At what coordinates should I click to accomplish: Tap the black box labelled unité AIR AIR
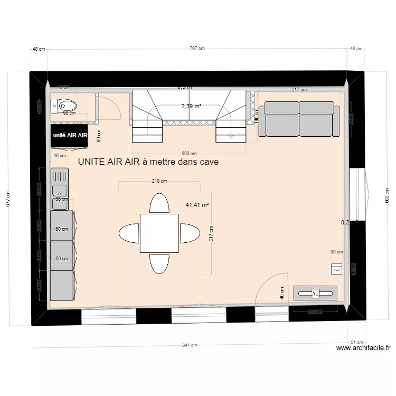tap(69, 135)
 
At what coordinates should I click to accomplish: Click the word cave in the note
tap(206, 163)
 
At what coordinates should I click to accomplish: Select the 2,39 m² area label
tap(191, 106)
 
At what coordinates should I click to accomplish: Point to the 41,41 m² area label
tap(197, 205)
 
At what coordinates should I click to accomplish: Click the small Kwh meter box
tap(336, 269)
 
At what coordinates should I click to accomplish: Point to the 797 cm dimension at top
tap(197, 49)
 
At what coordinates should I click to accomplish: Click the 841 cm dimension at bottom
tap(190, 345)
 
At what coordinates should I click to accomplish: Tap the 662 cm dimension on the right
tap(386, 195)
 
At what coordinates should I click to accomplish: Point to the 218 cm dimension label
tap(159, 181)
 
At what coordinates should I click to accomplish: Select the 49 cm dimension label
tap(60, 155)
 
